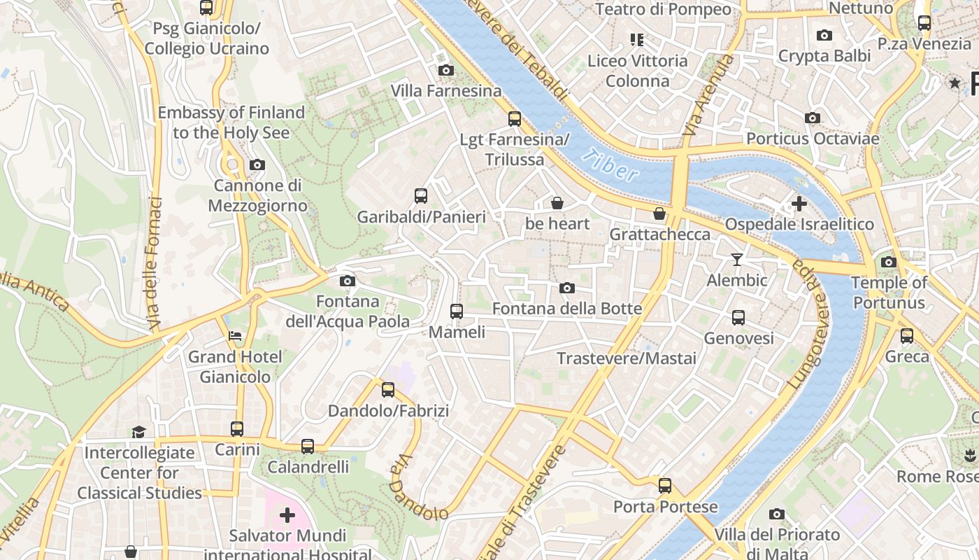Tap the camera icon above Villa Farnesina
[x=445, y=70]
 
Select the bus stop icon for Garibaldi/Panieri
[x=421, y=196]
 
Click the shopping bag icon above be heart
[x=557, y=203]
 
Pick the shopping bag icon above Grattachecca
[x=659, y=213]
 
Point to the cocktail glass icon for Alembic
[x=737, y=260]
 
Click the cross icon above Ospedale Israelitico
[x=799, y=204]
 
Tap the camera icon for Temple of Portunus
[x=889, y=262]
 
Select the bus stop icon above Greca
[x=907, y=336]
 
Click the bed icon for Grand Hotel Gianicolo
[x=235, y=336]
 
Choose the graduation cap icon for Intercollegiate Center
[x=139, y=432]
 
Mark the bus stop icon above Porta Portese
[x=665, y=486]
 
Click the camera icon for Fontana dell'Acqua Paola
[x=347, y=281]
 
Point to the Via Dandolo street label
[x=418, y=488]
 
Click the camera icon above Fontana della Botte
[x=567, y=288]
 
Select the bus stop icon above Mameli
[x=457, y=311]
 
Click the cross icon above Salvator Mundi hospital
[x=287, y=516]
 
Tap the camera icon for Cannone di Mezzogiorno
[x=257, y=165]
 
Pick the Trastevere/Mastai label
[x=627, y=358]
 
